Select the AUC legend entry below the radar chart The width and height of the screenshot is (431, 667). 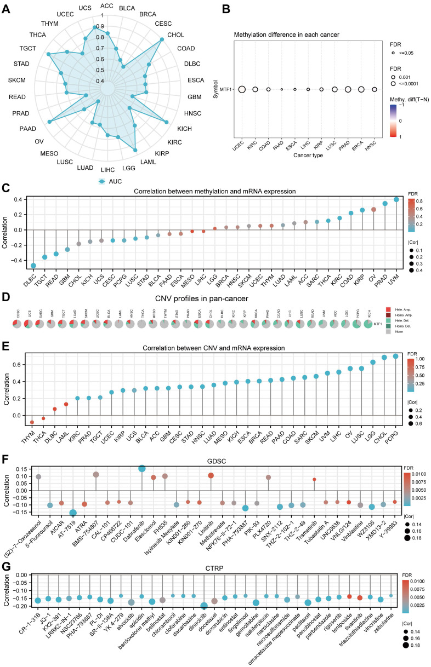point(110,180)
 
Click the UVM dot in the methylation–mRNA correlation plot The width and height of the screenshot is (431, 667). point(396,199)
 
